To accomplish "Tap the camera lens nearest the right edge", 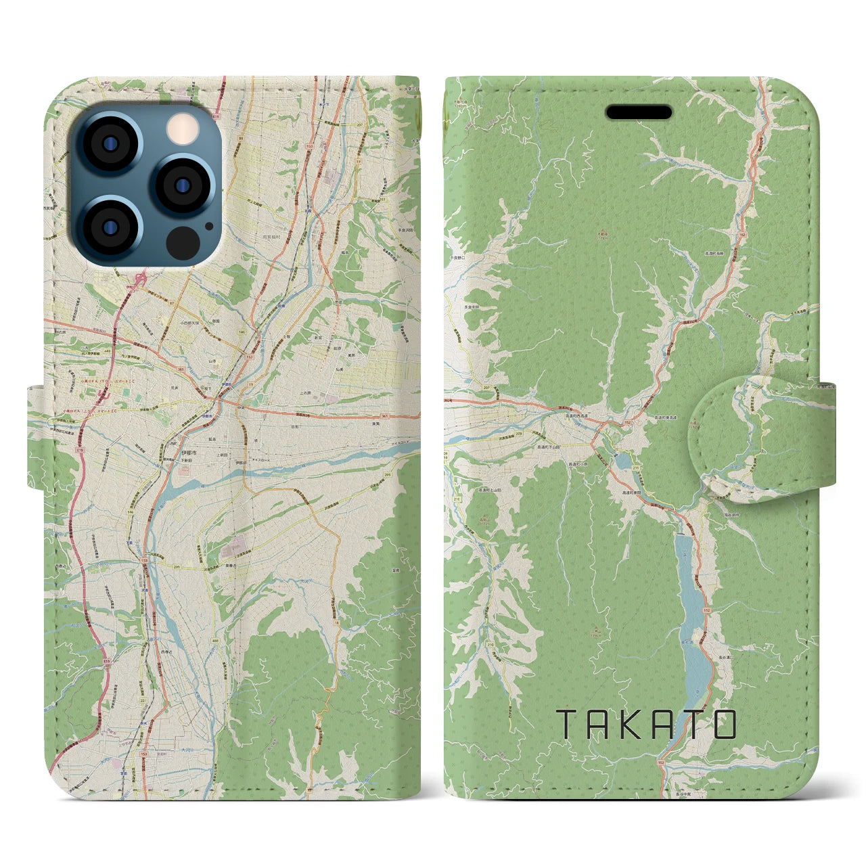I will point(183,184).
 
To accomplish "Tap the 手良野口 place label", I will point(459,258).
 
